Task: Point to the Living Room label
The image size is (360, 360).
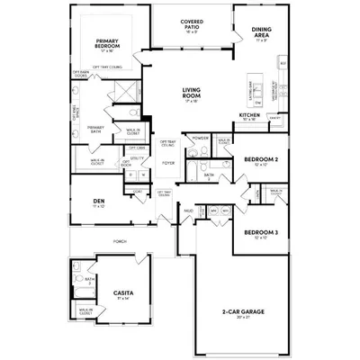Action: click(x=191, y=92)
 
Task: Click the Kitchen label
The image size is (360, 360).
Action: click(x=249, y=115)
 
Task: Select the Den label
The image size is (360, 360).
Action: click(x=98, y=202)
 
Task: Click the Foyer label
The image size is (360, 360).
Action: click(x=167, y=163)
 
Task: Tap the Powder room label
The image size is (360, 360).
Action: click(x=201, y=139)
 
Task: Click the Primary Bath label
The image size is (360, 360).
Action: click(x=96, y=129)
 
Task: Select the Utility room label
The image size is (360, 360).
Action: click(x=138, y=158)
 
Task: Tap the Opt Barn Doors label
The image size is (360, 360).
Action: click(x=79, y=74)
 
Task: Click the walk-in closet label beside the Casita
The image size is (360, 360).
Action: click(x=87, y=311)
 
